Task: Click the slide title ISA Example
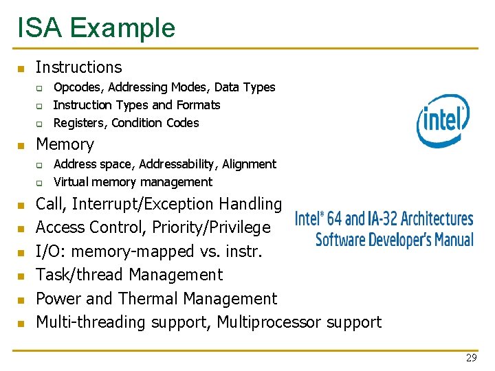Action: (x=96, y=27)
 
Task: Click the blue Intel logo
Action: (x=443, y=120)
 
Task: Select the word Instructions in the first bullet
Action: (x=78, y=67)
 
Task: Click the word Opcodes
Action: (x=77, y=87)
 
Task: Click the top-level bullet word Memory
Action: (x=65, y=144)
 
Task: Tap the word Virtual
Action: (x=71, y=182)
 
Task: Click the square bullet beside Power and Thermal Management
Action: (x=21, y=300)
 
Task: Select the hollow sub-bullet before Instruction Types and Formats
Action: (x=40, y=106)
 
